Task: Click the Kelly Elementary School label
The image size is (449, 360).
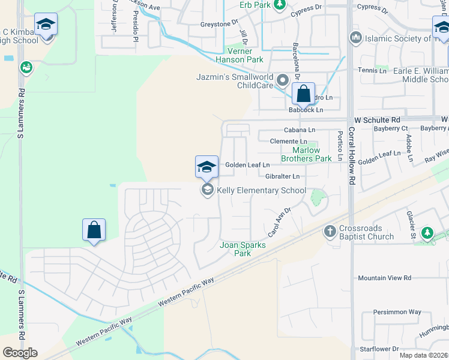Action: (261, 191)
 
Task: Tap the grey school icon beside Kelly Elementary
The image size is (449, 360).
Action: (207, 191)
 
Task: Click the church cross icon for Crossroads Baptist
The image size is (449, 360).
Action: (330, 230)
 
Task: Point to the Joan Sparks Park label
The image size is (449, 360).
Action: (243, 249)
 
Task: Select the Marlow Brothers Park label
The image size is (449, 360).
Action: (312, 154)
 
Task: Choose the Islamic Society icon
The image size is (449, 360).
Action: (355, 38)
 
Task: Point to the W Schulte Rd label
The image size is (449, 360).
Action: (376, 120)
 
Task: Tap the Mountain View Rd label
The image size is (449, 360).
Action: (384, 278)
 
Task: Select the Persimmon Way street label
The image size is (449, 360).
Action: (397, 312)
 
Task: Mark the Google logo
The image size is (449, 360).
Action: (20, 352)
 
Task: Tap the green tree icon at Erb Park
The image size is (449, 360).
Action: (279, 5)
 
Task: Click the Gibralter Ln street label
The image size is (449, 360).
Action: (282, 176)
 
